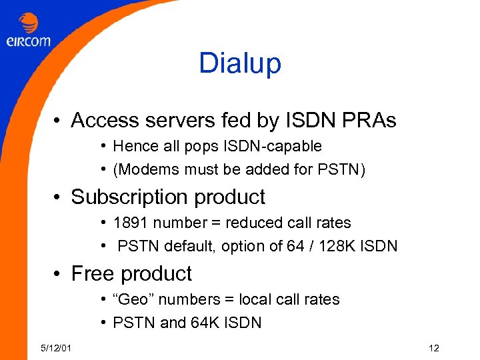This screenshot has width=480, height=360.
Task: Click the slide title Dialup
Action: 240,63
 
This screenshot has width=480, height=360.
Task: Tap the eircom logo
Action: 28,31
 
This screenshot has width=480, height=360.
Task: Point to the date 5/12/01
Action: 57,348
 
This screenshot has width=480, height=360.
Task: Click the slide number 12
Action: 434,348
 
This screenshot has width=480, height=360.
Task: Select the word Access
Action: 103,121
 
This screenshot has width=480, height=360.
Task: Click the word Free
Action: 91,274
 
